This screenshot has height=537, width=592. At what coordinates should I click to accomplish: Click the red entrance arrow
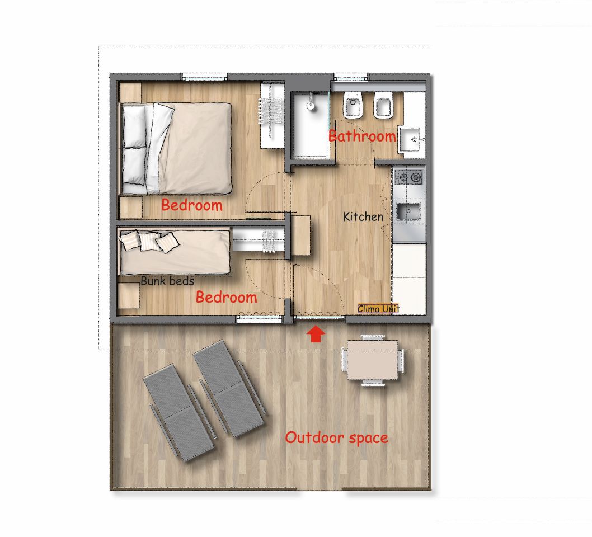[315, 335]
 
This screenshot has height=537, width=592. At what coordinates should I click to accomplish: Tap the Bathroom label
[363, 136]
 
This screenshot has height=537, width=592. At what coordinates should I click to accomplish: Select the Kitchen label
[363, 216]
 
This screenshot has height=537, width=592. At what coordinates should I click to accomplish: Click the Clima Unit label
[378, 309]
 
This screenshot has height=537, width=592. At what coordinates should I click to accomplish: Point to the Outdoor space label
[336, 438]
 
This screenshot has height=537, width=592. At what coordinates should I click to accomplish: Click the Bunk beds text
[167, 281]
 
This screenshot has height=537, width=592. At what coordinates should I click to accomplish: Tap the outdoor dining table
[372, 360]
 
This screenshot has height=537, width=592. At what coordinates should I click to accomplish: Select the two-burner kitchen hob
[409, 177]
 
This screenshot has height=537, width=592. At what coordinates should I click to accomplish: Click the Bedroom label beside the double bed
[192, 205]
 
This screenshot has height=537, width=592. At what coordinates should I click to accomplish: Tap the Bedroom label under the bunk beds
[226, 298]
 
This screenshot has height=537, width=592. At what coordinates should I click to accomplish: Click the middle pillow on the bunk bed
[148, 241]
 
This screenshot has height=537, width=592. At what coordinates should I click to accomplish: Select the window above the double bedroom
[205, 77]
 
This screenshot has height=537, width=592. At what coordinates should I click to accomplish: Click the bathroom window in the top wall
[351, 77]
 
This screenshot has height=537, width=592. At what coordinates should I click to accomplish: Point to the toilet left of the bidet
[354, 105]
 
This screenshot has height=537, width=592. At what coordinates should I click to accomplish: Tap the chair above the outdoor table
[373, 337]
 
